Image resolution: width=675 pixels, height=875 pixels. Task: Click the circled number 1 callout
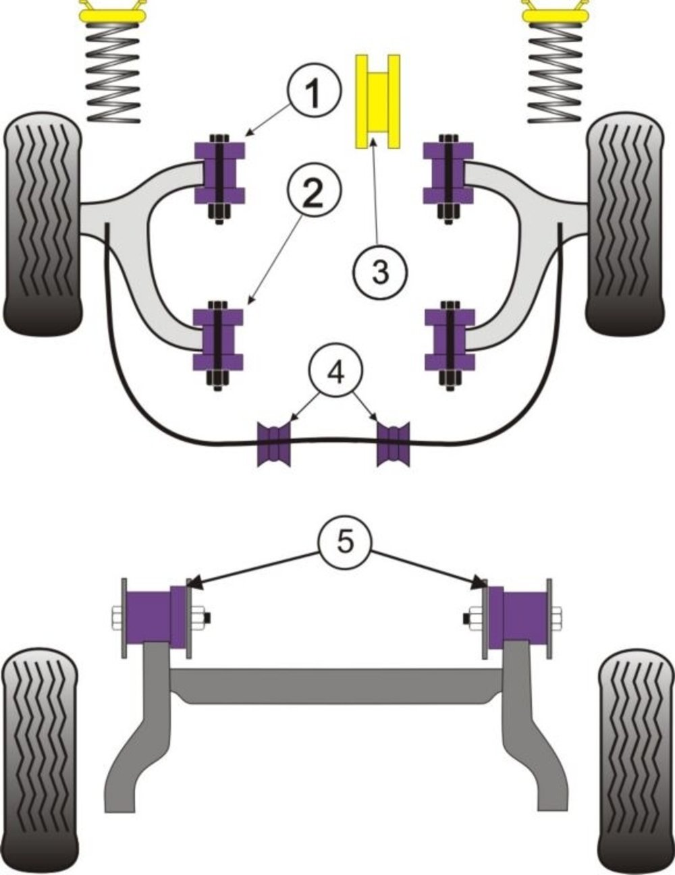[x=314, y=90]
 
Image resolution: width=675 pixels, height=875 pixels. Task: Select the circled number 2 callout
[x=314, y=192]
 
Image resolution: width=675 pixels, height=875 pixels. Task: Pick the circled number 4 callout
[x=335, y=370]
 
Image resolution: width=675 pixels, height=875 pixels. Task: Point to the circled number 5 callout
[x=345, y=542]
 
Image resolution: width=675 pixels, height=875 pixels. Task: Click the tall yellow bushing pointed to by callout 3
[x=378, y=101]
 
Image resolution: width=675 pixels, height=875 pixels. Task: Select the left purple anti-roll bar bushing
[x=274, y=444]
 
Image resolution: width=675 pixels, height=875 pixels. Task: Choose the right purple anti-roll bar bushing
[x=393, y=444]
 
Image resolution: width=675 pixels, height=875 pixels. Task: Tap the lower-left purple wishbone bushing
[x=219, y=345]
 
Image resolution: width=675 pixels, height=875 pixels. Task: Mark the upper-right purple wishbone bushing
[x=448, y=178]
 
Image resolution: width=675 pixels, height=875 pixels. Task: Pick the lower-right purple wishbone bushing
[x=450, y=345]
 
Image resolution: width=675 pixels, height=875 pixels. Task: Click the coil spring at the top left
[x=113, y=72]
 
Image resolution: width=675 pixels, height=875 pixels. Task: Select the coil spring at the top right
[x=555, y=72]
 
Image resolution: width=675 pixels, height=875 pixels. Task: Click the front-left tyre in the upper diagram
[x=43, y=223]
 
